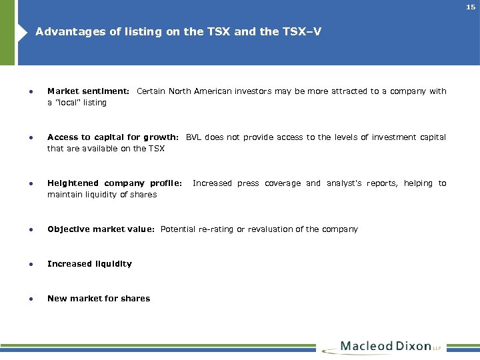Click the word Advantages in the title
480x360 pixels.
[64, 31]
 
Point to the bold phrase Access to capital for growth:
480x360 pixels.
[113, 137]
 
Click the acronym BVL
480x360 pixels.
[193, 137]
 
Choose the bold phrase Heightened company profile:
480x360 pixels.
[114, 183]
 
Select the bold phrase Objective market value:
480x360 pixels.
[101, 229]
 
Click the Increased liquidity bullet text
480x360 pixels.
[89, 264]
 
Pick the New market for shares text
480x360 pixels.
[99, 299]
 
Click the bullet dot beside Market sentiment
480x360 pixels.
[23, 91]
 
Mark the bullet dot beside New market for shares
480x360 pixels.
[23, 299]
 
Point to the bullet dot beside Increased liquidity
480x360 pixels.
[23, 264]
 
